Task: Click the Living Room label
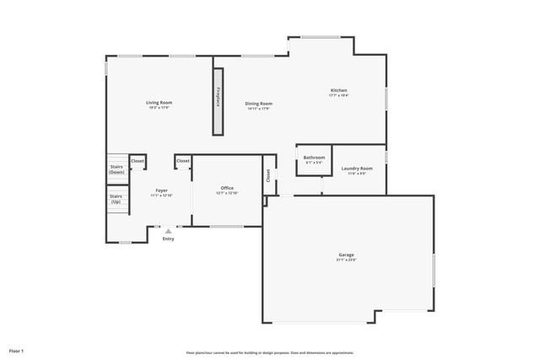click(159, 102)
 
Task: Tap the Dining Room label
click(260, 104)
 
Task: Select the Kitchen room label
click(338, 90)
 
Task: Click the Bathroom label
click(315, 157)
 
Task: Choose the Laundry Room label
click(357, 169)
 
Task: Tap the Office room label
click(227, 187)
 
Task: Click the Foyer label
click(161, 191)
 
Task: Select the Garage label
click(347, 255)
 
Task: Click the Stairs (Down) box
click(117, 169)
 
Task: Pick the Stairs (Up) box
click(116, 200)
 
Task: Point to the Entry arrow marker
click(169, 230)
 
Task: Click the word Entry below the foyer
click(169, 239)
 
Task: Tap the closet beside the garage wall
click(269, 175)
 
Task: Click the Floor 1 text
click(17, 350)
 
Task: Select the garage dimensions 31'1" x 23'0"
click(347, 260)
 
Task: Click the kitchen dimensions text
click(338, 95)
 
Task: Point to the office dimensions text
click(227, 192)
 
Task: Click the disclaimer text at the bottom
click(270, 352)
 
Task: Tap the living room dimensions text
click(159, 107)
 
